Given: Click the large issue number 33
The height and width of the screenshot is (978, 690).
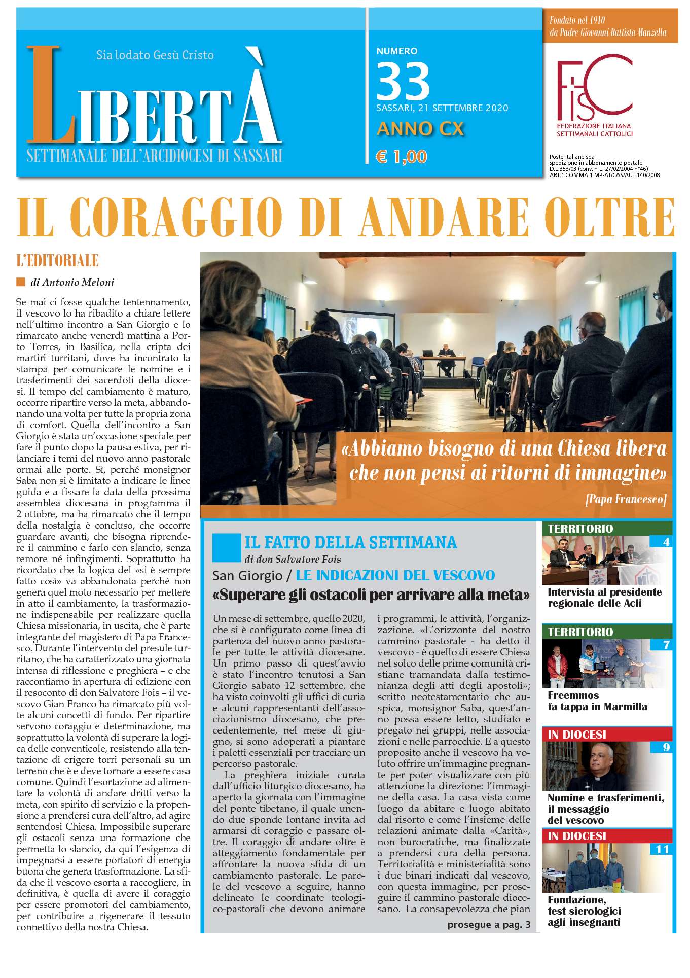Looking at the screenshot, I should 403,82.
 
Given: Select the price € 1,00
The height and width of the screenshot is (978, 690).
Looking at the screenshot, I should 401,157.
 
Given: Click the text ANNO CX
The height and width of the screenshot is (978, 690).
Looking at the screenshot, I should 420,129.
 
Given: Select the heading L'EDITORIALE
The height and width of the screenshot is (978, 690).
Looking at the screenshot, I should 57,261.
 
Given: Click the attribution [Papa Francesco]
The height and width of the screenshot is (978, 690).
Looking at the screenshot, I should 625,499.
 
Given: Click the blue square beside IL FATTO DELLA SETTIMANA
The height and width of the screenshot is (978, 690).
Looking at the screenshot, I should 227,547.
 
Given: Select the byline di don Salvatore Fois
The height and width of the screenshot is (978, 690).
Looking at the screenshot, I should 293,560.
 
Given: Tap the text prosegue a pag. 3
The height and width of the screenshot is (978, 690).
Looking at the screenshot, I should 489,924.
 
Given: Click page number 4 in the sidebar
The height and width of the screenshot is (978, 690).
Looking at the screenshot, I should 666,542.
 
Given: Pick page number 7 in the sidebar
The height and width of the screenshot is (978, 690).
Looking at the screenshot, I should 666,645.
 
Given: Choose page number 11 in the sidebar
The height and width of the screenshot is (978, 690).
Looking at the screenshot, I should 662,849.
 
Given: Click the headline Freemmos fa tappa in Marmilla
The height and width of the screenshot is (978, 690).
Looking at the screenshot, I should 597,701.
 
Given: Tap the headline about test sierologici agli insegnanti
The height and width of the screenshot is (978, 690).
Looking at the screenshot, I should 584,911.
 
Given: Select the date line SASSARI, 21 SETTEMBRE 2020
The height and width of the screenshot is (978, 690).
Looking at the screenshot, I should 442,108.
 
